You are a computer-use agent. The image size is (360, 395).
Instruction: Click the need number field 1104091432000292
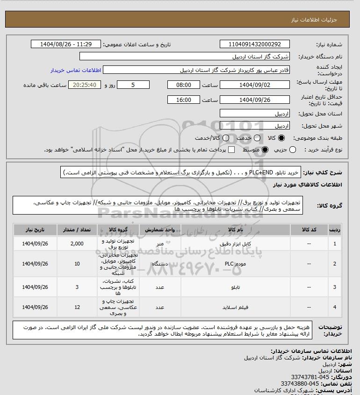click(x=254, y=44)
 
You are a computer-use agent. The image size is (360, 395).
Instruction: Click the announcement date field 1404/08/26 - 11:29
click(x=66, y=44)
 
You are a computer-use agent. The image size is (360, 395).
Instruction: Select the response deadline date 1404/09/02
click(x=254, y=85)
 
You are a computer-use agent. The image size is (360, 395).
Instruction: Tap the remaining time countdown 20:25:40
click(x=85, y=85)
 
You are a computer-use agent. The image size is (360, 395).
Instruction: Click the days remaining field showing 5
click(x=133, y=85)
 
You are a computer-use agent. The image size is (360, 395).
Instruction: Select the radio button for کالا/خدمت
click(x=226, y=138)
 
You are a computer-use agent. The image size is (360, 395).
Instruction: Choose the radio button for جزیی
click(x=293, y=150)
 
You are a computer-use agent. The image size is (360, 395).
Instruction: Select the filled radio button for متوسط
click(x=265, y=150)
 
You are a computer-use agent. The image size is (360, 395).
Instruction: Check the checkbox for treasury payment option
click(x=231, y=150)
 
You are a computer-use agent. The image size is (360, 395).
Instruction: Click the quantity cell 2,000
click(x=77, y=244)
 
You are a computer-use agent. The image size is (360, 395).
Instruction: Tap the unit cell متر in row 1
click(x=159, y=244)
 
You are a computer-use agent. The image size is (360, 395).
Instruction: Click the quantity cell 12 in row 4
click(x=77, y=307)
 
